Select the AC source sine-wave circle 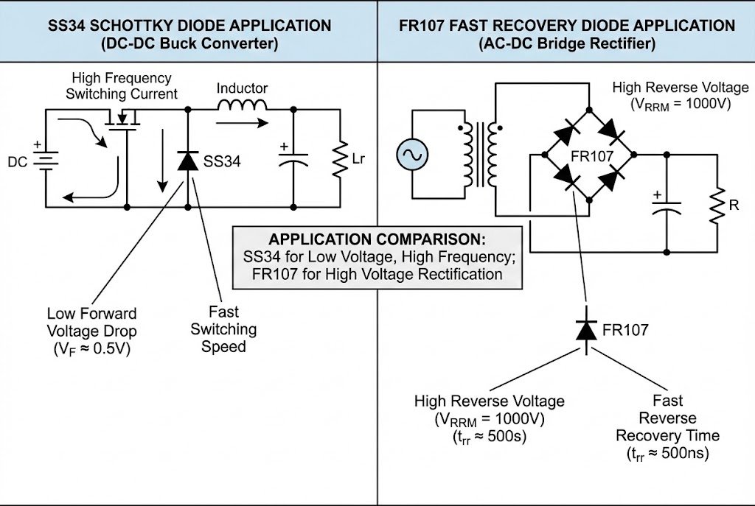point(411,155)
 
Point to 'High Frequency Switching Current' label point(121,86)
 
